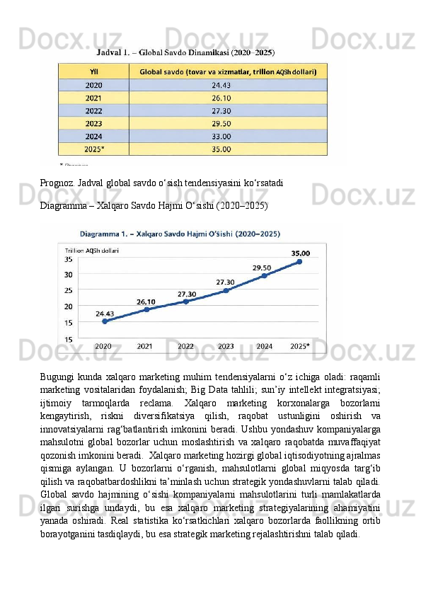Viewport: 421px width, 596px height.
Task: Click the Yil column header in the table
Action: point(93,71)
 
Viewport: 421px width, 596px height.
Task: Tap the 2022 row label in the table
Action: point(93,110)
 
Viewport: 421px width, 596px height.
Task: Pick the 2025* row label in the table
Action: point(93,149)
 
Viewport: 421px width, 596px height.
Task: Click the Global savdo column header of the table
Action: point(228,71)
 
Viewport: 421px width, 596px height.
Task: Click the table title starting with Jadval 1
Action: point(186,52)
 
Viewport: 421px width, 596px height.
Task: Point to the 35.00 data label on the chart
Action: point(300,252)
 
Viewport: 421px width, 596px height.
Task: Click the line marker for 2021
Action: point(146,309)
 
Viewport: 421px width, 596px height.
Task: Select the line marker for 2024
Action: point(264,275)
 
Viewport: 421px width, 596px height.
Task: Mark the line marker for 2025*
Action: point(299,261)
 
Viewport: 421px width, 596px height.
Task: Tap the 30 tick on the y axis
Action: point(69,275)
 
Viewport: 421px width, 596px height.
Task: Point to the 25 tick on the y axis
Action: point(69,290)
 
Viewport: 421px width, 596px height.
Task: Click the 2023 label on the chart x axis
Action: point(226,347)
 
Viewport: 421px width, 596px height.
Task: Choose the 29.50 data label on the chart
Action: point(262,267)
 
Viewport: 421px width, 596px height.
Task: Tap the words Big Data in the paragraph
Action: point(298,386)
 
